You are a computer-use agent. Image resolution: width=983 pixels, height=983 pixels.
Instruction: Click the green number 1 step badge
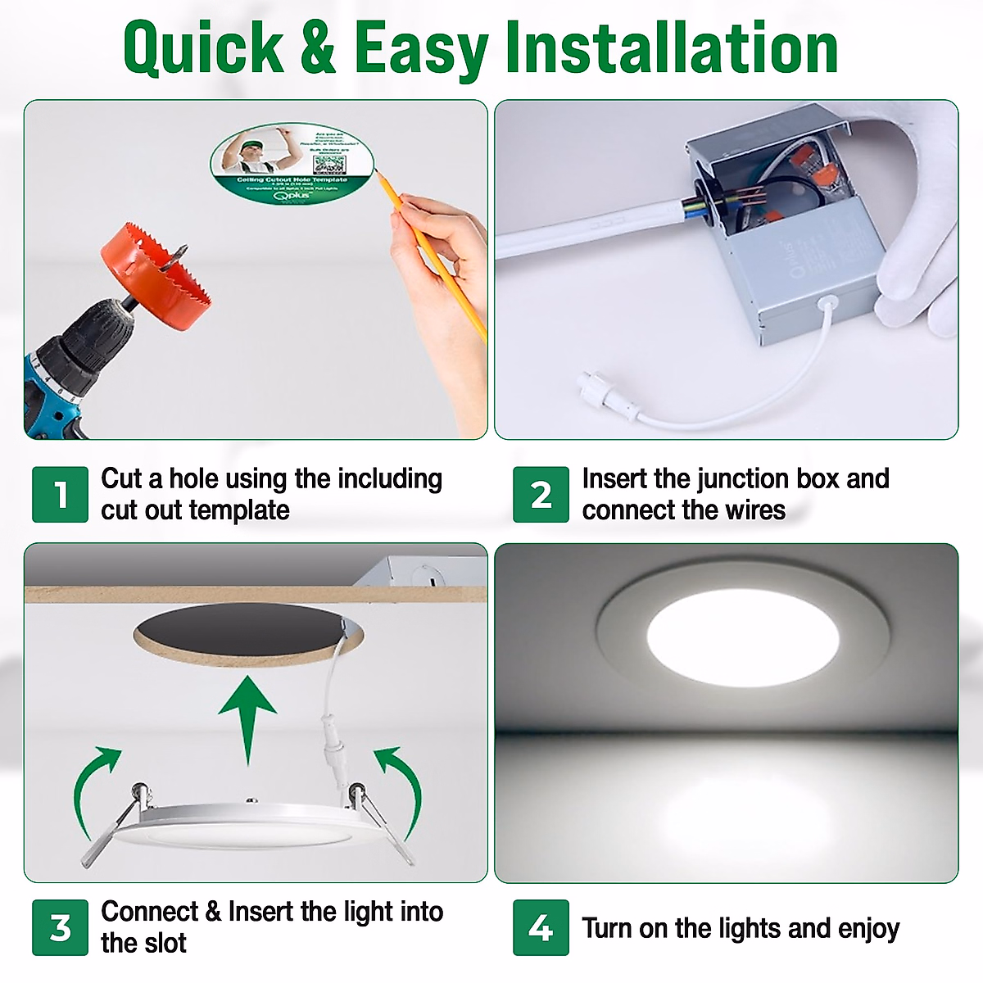click(60, 495)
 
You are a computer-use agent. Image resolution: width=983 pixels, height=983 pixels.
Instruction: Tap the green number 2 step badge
click(541, 495)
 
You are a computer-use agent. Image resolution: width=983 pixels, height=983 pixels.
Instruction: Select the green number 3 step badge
click(60, 927)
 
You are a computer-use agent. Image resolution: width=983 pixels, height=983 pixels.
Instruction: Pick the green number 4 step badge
click(541, 927)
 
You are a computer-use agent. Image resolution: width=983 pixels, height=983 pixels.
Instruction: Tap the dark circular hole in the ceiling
click(246, 635)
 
